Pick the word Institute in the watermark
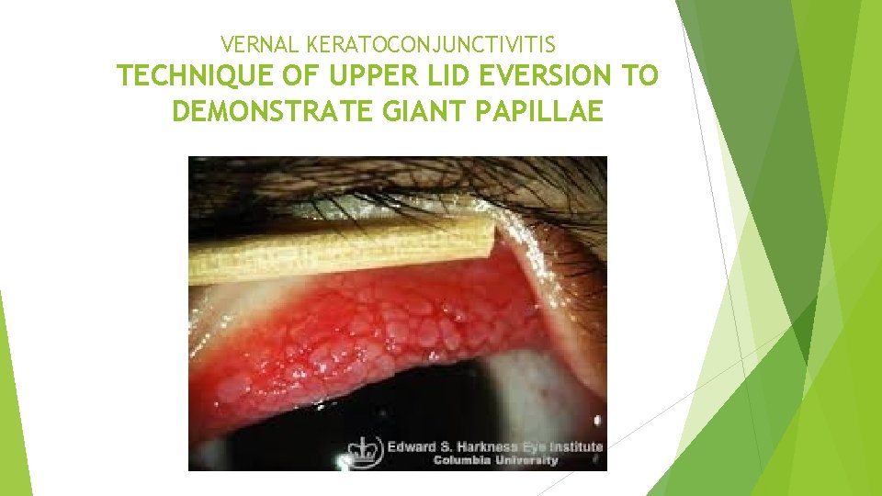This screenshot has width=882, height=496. point(574,447)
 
